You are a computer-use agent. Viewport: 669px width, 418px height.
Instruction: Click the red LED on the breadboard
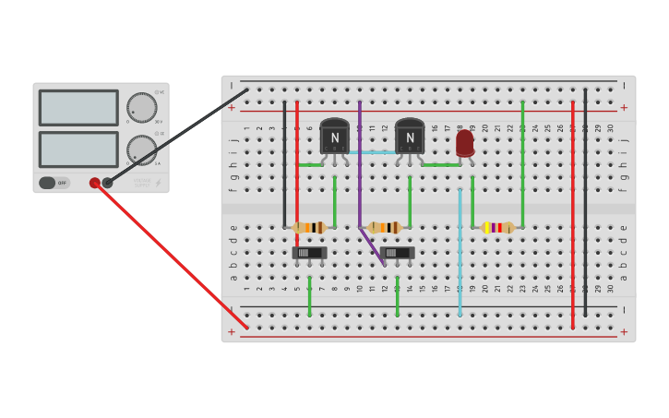pyautogui.click(x=465, y=142)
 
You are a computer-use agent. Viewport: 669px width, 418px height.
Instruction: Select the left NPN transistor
pyautogui.click(x=334, y=137)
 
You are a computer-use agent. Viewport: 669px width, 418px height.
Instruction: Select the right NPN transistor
pyautogui.click(x=410, y=137)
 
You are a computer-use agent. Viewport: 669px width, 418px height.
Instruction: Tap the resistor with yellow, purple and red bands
pyautogui.click(x=496, y=227)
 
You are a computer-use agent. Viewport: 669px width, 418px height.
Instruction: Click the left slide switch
pyautogui.click(x=309, y=252)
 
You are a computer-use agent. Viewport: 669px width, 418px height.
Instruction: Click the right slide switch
pyautogui.click(x=397, y=252)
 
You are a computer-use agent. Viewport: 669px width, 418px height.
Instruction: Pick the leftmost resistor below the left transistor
pyautogui.click(x=309, y=227)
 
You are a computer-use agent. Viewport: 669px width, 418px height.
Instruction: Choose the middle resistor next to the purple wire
pyautogui.click(x=384, y=227)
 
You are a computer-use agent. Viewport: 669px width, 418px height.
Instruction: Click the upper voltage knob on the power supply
pyautogui.click(x=141, y=107)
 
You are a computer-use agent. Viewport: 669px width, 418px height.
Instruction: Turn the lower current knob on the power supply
pyautogui.click(x=141, y=149)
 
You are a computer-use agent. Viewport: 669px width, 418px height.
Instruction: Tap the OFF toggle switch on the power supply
pyautogui.click(x=54, y=183)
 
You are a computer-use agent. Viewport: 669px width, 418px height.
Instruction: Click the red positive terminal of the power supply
pyautogui.click(x=95, y=183)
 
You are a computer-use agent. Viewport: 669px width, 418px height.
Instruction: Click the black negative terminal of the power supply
pyautogui.click(x=108, y=183)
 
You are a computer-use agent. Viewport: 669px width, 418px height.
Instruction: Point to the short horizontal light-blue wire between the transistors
pyautogui.click(x=372, y=152)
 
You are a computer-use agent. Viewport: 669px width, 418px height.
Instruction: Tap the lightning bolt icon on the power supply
pyautogui.click(x=158, y=183)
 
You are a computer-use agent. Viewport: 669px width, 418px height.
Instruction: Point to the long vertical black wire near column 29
pyautogui.click(x=585, y=203)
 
